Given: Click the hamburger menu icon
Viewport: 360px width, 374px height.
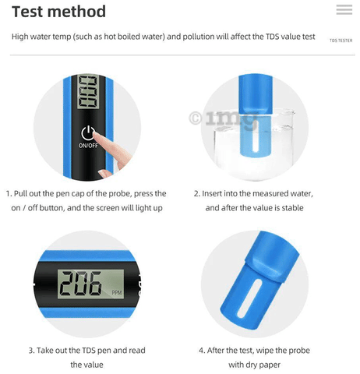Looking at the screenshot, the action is tap(344, 9).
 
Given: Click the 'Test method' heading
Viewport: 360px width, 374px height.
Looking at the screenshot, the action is tap(58, 12).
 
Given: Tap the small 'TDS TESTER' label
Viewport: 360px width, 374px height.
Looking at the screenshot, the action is tap(341, 41).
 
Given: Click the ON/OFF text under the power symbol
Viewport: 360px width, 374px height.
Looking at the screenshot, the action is tap(88, 146).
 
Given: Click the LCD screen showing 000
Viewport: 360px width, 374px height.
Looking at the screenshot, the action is tap(89, 92).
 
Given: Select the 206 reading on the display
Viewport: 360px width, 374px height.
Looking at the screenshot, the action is tap(80, 284).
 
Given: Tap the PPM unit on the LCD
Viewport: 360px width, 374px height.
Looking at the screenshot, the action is tap(117, 293).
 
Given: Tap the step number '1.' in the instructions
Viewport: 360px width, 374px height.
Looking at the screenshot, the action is tap(9, 194).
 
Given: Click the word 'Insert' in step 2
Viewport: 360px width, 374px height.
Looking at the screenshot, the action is tap(212, 194).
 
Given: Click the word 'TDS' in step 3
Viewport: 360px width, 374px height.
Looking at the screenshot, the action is tap(88, 351).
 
